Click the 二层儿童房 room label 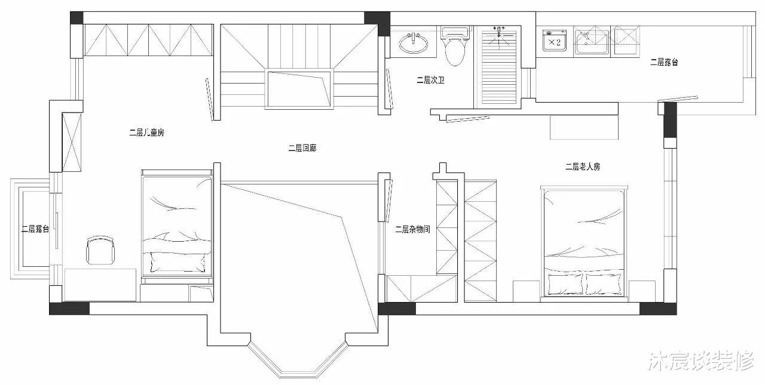[x=147, y=133]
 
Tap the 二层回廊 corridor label [x=302, y=148]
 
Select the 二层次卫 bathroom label [x=430, y=80]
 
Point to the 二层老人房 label [x=583, y=167]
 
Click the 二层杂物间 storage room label [x=412, y=229]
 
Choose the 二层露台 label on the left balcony [x=35, y=229]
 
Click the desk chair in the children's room [x=100, y=250]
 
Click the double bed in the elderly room [x=584, y=244]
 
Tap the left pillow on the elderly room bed [x=565, y=284]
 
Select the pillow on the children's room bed [x=178, y=262]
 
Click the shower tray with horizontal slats [x=498, y=66]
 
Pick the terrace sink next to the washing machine [x=592, y=42]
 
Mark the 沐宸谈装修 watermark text [x=700, y=361]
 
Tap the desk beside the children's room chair [x=100, y=285]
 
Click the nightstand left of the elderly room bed [x=527, y=291]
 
